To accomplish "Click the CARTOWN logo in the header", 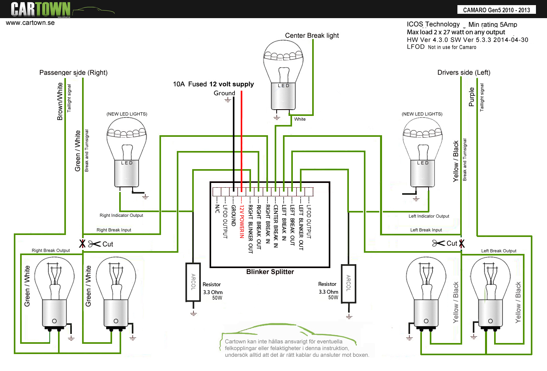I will point(41,9).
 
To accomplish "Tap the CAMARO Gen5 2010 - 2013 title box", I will point(496,10).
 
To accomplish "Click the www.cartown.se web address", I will point(30,23).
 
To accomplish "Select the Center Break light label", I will point(312,35).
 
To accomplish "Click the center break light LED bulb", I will point(283,75).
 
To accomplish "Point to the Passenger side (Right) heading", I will point(73,73).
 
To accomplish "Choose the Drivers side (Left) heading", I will point(464,73).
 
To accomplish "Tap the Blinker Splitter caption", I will point(270,272).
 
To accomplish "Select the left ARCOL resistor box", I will point(193,282).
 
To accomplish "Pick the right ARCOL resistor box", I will point(348,283).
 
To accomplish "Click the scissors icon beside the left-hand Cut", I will point(94,244).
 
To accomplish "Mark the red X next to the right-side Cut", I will point(462,244).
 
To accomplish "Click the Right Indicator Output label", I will point(121,215).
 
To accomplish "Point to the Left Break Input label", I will point(426,230).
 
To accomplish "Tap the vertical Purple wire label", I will point(472,97).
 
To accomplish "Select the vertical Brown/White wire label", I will point(60,101).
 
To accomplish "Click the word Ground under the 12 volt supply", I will point(224,93).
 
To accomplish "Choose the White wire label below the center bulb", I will point(300,119).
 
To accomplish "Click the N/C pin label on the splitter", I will point(217,209).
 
